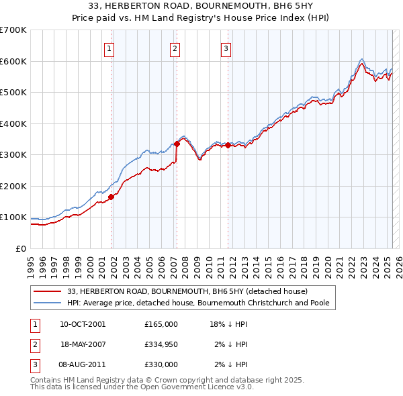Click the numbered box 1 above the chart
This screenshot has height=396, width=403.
[109, 48]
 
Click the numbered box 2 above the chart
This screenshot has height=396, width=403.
[175, 48]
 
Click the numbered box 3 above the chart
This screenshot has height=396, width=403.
[226, 48]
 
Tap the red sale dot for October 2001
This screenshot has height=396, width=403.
[111, 197]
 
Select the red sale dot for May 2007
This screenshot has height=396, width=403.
[177, 144]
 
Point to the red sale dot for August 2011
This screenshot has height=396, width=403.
[228, 145]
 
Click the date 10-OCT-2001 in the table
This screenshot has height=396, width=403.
[83, 324]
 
